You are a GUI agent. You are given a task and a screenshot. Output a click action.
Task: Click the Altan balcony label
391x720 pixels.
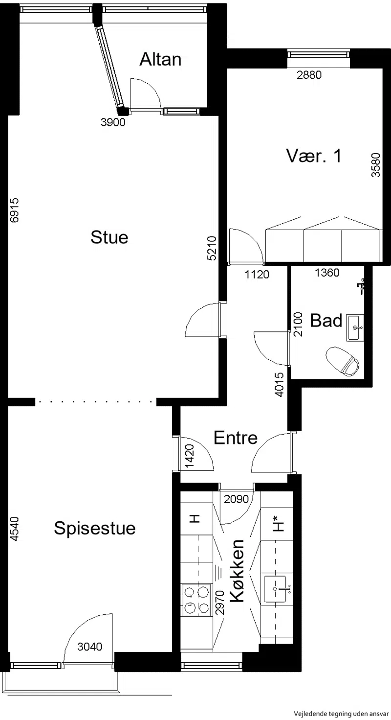pyautogui.click(x=160, y=59)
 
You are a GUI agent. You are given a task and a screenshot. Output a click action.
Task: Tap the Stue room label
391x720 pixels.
pyautogui.click(x=109, y=237)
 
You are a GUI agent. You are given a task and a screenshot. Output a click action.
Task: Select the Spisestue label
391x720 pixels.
pyautogui.click(x=95, y=529)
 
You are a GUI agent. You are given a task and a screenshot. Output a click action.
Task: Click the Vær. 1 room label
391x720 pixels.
pyautogui.click(x=314, y=156)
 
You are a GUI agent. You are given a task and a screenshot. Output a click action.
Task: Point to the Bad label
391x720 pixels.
pyautogui.click(x=326, y=321)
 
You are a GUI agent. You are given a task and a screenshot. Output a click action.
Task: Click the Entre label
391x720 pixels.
pyautogui.click(x=236, y=438)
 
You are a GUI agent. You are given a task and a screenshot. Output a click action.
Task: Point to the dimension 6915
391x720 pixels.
pyautogui.click(x=15, y=210)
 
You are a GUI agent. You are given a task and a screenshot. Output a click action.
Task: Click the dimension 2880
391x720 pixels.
pyautogui.click(x=309, y=75)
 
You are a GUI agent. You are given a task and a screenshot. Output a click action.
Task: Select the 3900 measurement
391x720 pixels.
pyautogui.click(x=113, y=122)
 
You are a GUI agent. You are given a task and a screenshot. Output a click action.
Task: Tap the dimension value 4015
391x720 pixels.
pyautogui.click(x=280, y=384)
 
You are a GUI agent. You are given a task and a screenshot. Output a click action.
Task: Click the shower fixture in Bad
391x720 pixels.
pyautogui.click(x=362, y=286)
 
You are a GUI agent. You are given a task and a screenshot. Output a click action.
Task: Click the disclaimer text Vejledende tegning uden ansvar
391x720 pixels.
pyautogui.click(x=342, y=714)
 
